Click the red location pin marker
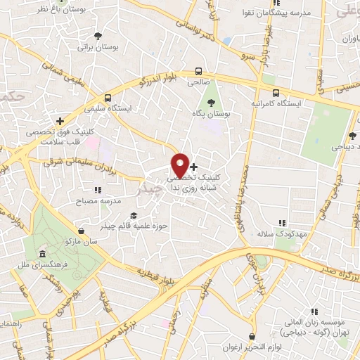point(180,165)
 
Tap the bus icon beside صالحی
point(200,71)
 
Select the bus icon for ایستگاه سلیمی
point(108,98)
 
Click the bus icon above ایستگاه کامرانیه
point(276,92)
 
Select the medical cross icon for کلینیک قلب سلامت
point(60,121)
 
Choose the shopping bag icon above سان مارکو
point(82,231)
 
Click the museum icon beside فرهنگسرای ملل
point(43,253)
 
